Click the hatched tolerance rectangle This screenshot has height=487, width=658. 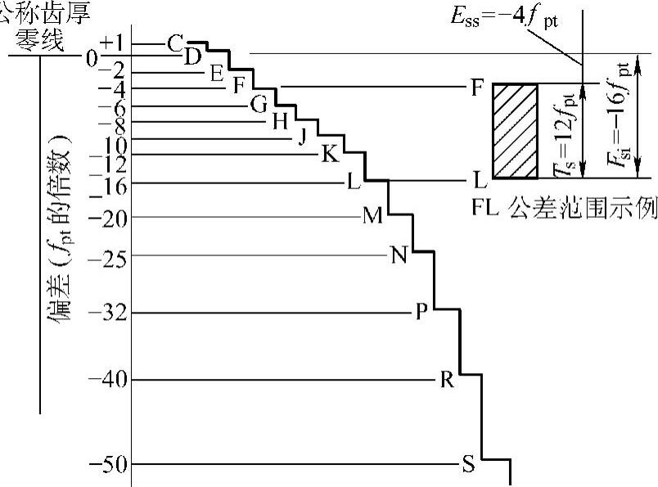tap(515, 131)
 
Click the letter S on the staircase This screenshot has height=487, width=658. tap(468, 465)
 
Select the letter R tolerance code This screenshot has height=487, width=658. tap(447, 380)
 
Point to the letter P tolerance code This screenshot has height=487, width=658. tap(422, 313)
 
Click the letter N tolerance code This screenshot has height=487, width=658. tap(399, 255)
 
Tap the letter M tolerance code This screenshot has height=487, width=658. tap(373, 216)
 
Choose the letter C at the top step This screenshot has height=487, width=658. tap(174, 43)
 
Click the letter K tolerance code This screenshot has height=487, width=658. tap(329, 154)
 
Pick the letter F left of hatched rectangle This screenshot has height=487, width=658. tap(477, 87)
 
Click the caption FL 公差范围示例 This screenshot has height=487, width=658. tap(565, 207)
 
